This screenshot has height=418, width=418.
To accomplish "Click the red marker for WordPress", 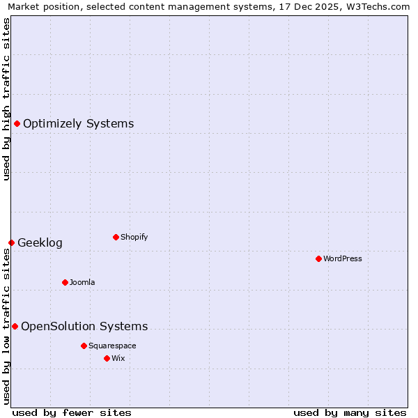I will (x=318, y=258).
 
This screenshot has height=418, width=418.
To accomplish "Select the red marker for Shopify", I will (x=116, y=237).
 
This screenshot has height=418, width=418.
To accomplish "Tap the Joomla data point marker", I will (x=65, y=282).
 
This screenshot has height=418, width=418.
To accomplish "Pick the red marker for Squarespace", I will (x=84, y=346).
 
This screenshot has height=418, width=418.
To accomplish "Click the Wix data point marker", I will (x=107, y=358).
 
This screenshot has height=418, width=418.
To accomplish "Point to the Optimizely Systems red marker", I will (x=17, y=124).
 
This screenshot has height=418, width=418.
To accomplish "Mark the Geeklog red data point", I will (x=11, y=242).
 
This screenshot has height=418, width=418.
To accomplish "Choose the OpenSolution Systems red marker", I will (x=15, y=326).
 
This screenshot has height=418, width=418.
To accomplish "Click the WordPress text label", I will (x=342, y=258).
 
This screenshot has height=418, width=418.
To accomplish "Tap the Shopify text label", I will (x=134, y=237).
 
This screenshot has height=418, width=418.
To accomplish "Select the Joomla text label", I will (x=82, y=282).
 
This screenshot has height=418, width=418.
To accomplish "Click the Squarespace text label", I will (x=112, y=346).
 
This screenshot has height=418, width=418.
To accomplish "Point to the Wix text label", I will (x=118, y=358).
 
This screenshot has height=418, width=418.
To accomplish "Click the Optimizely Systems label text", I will (x=78, y=124).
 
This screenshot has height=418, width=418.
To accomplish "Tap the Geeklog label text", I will (x=40, y=242).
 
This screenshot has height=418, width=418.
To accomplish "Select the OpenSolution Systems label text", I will (x=84, y=326).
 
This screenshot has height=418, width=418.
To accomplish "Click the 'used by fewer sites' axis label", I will (x=72, y=412).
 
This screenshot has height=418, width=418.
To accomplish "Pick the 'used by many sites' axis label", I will (x=350, y=412).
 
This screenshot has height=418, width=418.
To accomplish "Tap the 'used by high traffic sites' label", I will (x=6, y=99).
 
